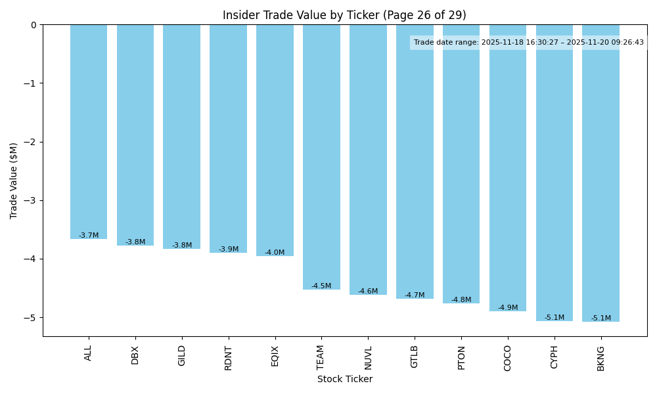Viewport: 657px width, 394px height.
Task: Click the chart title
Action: coord(344,15)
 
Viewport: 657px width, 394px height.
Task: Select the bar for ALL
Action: coord(89,131)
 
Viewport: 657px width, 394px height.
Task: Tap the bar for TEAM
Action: coord(321,158)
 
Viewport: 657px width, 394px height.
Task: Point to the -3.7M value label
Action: coord(89,235)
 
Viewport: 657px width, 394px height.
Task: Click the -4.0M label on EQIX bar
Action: coord(275,253)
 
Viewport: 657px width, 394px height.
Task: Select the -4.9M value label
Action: coord(507,308)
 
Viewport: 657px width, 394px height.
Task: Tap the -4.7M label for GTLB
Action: coord(415,295)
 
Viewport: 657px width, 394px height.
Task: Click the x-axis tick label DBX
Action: coord(135,355)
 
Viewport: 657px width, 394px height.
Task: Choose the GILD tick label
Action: coord(182,355)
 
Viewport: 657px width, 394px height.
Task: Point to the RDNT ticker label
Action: coord(229,358)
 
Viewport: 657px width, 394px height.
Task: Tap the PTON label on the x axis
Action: coord(461,357)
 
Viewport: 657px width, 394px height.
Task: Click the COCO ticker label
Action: coord(507,358)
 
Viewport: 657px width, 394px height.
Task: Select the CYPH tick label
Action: coord(554,357)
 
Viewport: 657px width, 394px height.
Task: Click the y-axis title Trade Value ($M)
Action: coord(14,181)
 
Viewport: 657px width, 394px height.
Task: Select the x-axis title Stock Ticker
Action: coord(344,379)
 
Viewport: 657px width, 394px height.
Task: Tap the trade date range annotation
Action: coord(529,43)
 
